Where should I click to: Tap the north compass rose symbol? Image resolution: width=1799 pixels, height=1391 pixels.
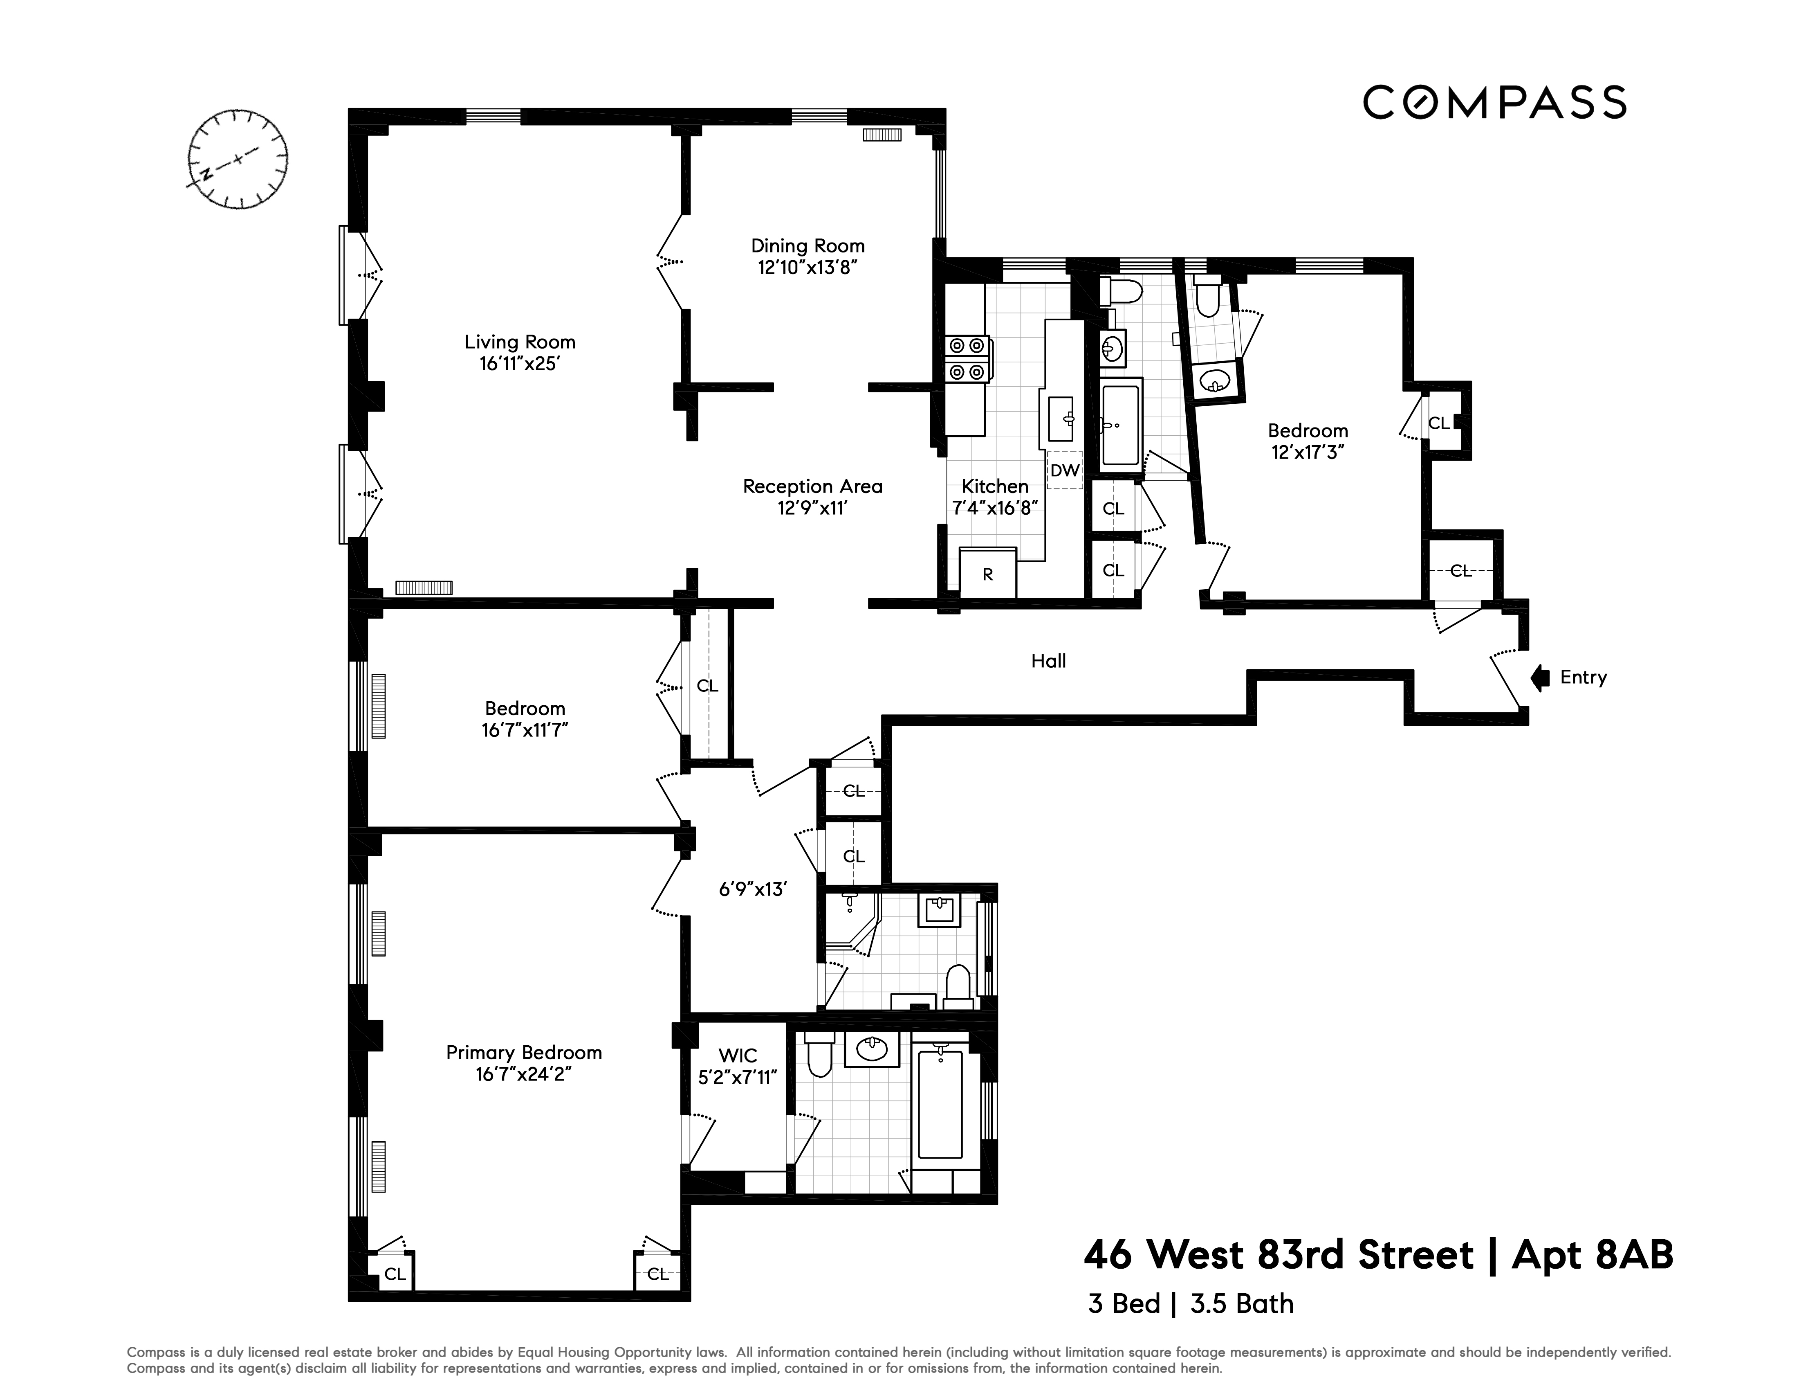238,158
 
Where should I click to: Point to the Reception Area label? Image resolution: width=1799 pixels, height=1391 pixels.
812,486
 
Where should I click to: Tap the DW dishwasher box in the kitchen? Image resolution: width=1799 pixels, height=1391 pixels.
1064,470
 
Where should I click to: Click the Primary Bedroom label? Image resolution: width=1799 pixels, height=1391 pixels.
524,1052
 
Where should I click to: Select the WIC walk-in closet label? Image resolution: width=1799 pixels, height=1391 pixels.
737,1056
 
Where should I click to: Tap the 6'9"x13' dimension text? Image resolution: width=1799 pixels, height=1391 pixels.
753,889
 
